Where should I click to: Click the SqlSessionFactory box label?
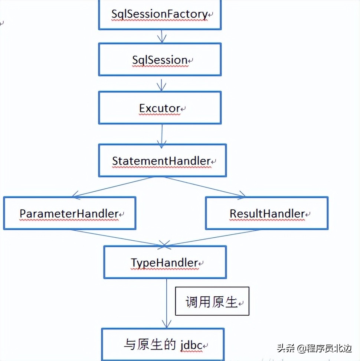tap(160, 14)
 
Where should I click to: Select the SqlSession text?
tap(160, 60)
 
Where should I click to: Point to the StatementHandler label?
tap(161, 161)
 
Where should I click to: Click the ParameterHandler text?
tap(69, 214)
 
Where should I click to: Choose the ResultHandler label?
tap(267, 214)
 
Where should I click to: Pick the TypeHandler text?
tap(164, 263)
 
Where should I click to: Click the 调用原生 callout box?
tap(212, 301)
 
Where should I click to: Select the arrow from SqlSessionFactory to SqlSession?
tap(161, 36)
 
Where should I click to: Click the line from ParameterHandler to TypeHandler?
tap(115, 238)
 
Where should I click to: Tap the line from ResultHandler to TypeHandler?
tap(212, 238)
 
